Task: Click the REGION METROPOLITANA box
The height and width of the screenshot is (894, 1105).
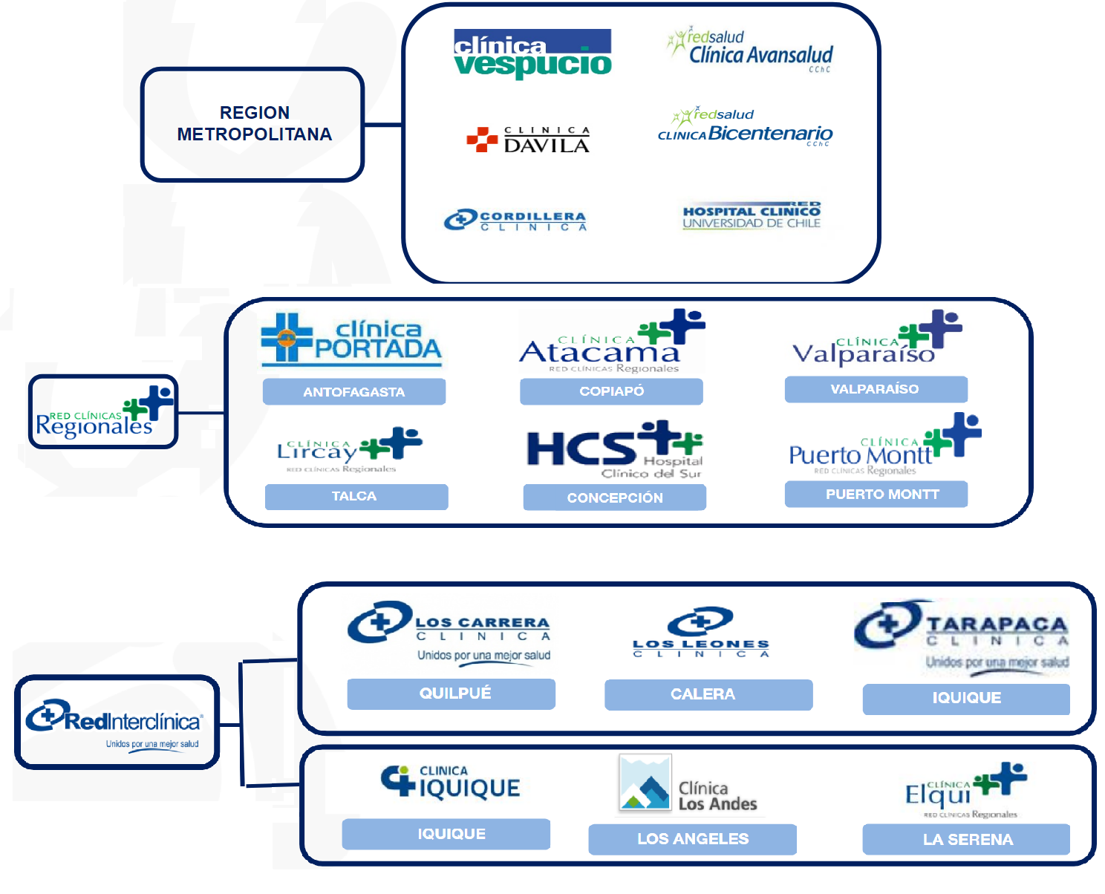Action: coord(252,124)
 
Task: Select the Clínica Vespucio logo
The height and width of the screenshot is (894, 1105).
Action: coord(532,53)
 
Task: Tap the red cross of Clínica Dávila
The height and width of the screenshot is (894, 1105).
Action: coord(482,139)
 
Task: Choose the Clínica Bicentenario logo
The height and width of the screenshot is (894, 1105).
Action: coord(746,127)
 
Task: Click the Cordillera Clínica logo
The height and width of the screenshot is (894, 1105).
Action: coord(515,221)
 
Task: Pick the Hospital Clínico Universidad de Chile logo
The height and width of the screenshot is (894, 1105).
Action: coord(752,215)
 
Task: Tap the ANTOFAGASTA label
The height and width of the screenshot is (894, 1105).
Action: coord(354,391)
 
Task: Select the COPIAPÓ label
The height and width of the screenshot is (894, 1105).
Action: coord(611,391)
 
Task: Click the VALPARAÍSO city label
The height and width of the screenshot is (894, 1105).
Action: coord(876,389)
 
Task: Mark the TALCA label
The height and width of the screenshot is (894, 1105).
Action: coord(356,496)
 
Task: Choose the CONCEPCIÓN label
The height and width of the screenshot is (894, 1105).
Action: coord(615,497)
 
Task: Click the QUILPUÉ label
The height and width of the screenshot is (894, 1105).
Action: coord(452,694)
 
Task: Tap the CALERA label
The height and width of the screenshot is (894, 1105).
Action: coord(708,694)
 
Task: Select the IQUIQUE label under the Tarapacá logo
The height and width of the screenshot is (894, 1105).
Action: coord(966,698)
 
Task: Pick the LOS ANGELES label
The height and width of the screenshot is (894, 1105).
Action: coord(692,839)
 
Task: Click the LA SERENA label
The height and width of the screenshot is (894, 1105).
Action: coord(966,839)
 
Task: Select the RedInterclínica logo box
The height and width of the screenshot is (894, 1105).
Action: coord(117,722)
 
